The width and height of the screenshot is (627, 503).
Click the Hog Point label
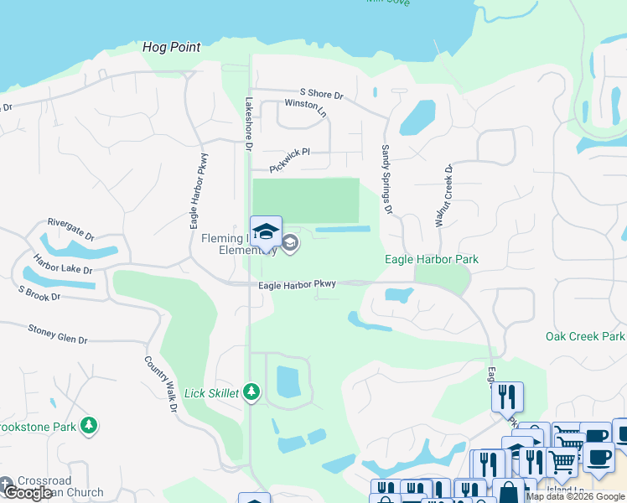[172, 47]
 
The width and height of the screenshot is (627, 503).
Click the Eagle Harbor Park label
[432, 259]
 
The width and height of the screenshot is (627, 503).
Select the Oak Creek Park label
[585, 336]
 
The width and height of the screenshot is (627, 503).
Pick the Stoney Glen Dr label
[58, 334]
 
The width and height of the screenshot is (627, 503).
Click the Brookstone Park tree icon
[88, 426]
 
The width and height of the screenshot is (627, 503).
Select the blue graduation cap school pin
[266, 231]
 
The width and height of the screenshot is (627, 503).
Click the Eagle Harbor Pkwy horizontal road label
[297, 285]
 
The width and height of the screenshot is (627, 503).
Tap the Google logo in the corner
[28, 492]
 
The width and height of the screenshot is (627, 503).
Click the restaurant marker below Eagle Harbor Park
[507, 396]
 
